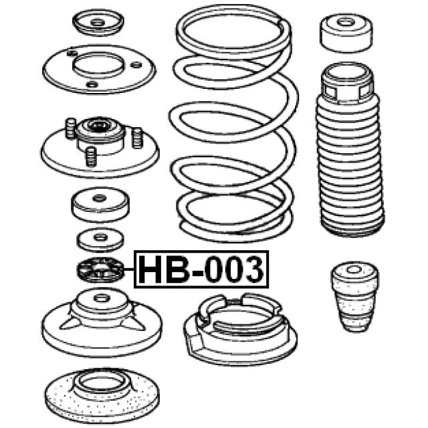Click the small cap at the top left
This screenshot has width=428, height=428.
98,25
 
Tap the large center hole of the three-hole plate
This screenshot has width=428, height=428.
99,66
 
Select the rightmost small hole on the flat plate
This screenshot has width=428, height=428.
137,65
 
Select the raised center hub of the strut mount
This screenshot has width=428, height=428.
100,130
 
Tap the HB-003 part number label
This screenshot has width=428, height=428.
201,270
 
